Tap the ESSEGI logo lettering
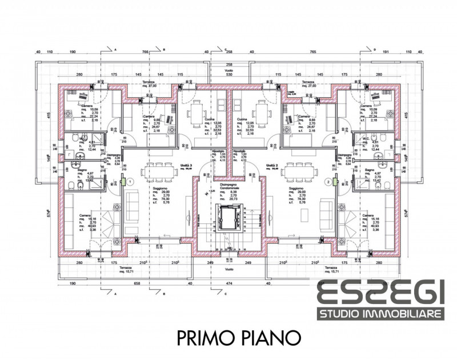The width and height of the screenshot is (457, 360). click(380, 295)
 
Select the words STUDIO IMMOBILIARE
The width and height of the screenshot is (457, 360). click(381, 314)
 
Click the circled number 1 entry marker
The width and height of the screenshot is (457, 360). click(130, 181)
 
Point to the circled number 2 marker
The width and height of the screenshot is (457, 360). click(327, 181)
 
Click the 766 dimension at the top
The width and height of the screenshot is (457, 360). click(145, 52)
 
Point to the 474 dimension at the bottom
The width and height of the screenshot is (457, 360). click(228, 283)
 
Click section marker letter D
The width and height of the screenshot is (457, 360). click(375, 49)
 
